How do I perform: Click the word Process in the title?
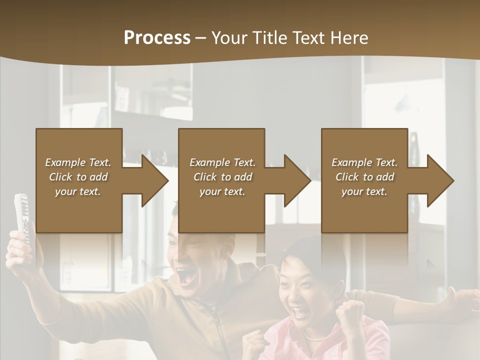coord(157,37)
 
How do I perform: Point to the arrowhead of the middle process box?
coord(297,180)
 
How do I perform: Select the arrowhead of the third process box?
coord(440,180)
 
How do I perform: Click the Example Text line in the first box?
coord(78,162)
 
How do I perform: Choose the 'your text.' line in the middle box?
coord(222,191)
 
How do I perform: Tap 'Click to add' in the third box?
coord(364,177)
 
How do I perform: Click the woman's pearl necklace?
coord(316,338)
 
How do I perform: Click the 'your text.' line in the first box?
coord(78,191)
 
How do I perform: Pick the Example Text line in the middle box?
coord(222,162)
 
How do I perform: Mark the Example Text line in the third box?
coord(364,162)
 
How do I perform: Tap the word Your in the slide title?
coord(230,37)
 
